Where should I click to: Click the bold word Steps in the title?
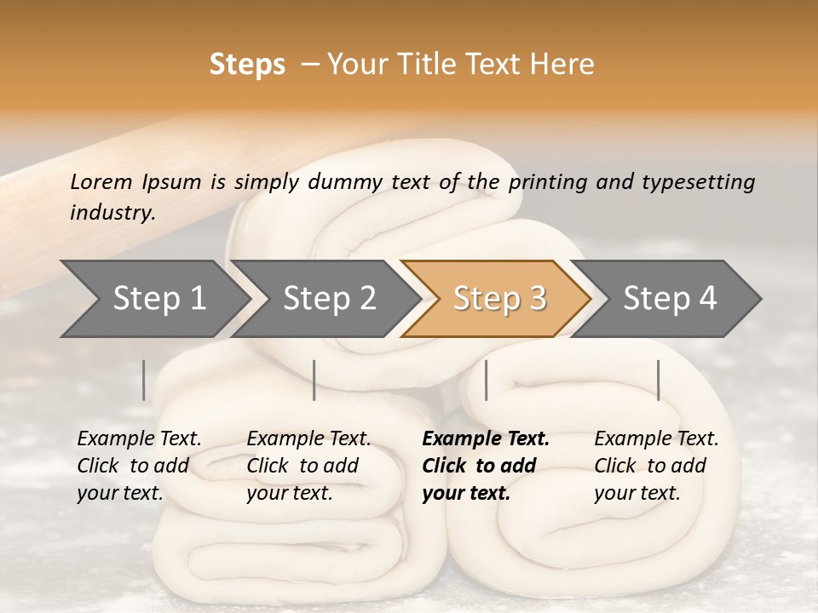[247, 65]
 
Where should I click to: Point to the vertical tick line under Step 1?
[144, 380]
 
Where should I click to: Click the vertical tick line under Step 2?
[314, 380]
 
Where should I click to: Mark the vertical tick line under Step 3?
[486, 380]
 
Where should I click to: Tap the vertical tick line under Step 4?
[658, 380]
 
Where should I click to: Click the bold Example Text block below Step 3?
[485, 466]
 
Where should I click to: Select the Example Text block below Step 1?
[139, 466]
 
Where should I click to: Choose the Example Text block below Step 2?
[308, 466]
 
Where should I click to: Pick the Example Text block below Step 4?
[656, 466]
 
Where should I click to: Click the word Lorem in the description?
[101, 181]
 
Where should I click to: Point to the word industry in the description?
[112, 212]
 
